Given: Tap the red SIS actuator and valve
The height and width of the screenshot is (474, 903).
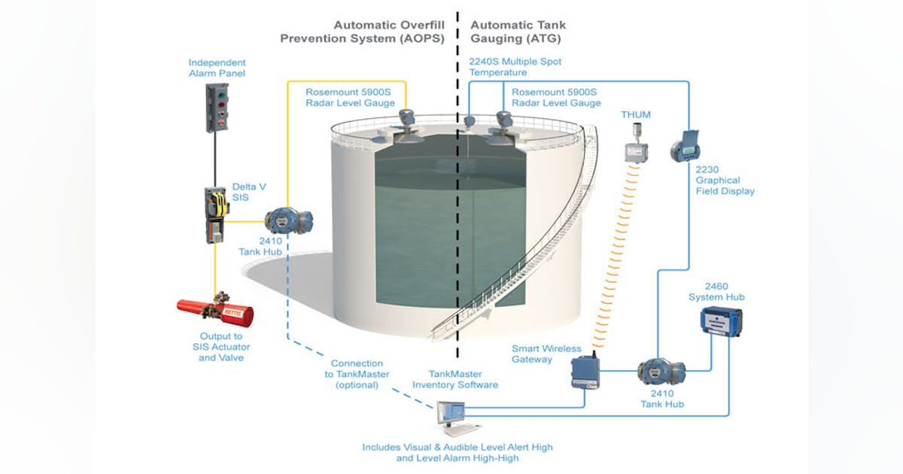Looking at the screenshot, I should coord(215,310).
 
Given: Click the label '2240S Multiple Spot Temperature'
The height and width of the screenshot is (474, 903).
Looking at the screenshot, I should coord(515,66).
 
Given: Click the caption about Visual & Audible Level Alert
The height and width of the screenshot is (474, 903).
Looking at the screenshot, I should coord(457,452).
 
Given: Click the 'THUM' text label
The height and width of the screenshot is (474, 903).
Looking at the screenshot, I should coord(635,114).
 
